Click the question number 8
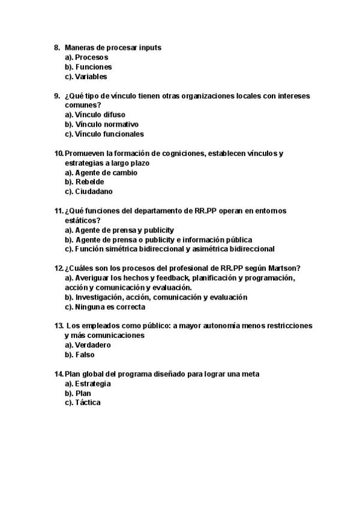57,47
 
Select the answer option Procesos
92,57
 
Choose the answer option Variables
91,76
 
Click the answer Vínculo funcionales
109,134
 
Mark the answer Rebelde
89,182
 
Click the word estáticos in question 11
82,220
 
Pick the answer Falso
85,355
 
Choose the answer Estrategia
93,384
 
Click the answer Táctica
88,403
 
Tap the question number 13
58,326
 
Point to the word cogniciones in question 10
181,153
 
